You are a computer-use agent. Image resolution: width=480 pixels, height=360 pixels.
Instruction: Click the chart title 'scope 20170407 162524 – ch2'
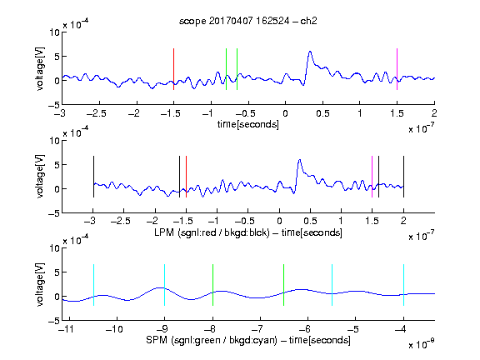click(x=248, y=21)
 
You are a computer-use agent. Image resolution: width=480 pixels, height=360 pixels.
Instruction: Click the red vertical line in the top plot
click(x=174, y=69)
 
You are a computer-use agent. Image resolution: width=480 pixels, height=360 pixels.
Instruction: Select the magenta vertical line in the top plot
click(x=397, y=69)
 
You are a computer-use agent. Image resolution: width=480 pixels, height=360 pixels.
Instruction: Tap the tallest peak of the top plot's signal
click(x=310, y=52)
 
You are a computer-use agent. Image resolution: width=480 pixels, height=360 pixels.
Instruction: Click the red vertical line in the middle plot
click(x=186, y=177)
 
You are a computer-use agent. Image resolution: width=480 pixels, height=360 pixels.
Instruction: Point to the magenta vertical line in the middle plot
click(x=372, y=177)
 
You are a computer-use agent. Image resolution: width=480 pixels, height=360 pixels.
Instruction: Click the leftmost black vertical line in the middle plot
click(x=93, y=177)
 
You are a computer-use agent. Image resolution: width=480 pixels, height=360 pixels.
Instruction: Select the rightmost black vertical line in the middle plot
click(x=403, y=177)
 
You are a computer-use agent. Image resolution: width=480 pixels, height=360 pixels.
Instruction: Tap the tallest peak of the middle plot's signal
click(x=300, y=160)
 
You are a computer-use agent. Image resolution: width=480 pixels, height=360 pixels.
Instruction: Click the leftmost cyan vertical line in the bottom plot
click(x=93, y=285)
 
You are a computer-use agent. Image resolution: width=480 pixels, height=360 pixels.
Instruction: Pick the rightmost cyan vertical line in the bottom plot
click(x=403, y=285)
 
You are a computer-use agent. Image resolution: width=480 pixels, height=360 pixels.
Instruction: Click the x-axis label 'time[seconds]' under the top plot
click(x=248, y=124)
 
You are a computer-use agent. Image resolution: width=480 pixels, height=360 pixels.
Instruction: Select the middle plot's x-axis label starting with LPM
click(x=248, y=232)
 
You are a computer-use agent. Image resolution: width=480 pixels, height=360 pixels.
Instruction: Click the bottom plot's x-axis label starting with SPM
click(x=248, y=340)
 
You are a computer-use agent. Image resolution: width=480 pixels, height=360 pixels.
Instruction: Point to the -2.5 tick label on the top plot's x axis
click(x=97, y=113)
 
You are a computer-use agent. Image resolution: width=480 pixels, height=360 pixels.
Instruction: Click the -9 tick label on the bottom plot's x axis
click(x=162, y=329)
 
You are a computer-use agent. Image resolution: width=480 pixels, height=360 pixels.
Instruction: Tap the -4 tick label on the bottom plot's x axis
click(x=400, y=329)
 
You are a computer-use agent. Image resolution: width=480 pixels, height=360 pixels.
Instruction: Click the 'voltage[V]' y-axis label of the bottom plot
click(x=40, y=284)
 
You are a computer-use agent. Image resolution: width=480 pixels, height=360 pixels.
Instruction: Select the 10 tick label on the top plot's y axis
click(x=55, y=32)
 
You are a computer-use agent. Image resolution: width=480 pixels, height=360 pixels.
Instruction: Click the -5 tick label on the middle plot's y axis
click(x=54, y=213)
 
